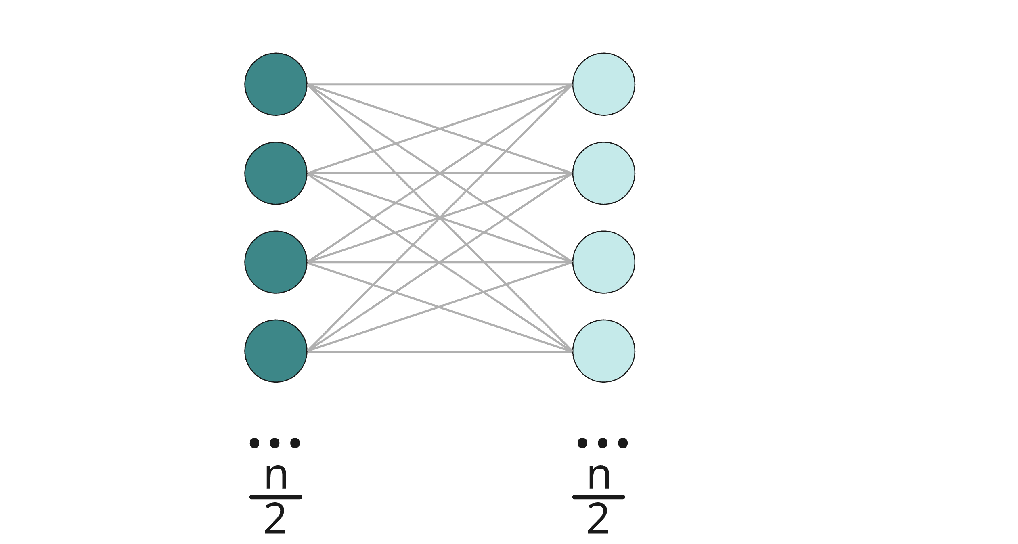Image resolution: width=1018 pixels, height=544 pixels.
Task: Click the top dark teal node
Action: pos(276,84)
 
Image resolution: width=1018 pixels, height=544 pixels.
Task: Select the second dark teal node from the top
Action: pos(276,173)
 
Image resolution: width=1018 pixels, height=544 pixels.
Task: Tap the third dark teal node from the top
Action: pos(276,262)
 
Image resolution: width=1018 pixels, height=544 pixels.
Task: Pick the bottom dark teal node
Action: pos(276,351)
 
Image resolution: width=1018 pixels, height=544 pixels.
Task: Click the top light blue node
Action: pos(603,84)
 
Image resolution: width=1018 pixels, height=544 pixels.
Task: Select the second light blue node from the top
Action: pos(603,173)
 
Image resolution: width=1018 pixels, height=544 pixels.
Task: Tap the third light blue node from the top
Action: pos(603,262)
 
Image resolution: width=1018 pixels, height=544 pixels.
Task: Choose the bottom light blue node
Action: pos(603,351)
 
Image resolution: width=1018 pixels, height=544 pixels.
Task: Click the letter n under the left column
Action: pos(276,476)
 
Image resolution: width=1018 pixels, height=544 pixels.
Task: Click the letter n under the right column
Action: pos(599,476)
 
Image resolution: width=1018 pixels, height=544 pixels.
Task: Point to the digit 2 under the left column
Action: pos(275,519)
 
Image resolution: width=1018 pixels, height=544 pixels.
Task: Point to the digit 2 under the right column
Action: pos(598,519)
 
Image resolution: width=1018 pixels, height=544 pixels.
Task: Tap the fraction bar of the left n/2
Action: pos(276,497)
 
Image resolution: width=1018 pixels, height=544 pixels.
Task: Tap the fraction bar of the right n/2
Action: pos(599,497)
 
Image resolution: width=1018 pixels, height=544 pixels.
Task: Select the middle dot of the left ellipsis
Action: pos(275,443)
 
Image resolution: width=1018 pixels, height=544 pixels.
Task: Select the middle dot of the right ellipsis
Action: pos(603,443)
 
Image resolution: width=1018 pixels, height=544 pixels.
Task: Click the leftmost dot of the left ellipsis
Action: pos(254,443)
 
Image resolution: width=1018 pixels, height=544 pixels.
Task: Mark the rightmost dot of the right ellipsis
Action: pos(623,443)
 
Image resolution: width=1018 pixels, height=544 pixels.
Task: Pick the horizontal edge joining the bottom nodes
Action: pos(440,352)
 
